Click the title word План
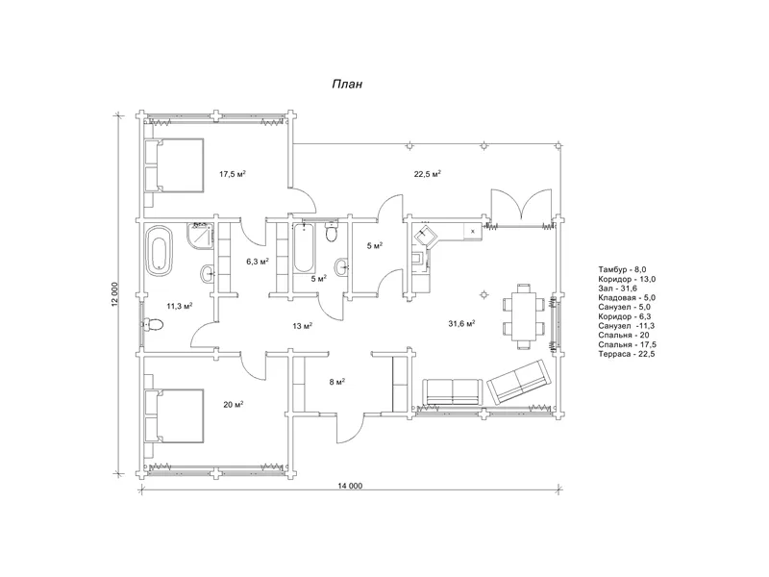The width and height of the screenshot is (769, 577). pyautogui.click(x=347, y=84)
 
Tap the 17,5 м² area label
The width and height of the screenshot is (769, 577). pyautogui.click(x=233, y=174)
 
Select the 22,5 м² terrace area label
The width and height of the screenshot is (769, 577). pyautogui.click(x=428, y=174)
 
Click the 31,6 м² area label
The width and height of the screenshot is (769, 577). pyautogui.click(x=461, y=323)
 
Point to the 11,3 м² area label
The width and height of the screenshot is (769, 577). pyautogui.click(x=180, y=306)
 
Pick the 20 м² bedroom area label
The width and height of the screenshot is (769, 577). pyautogui.click(x=234, y=405)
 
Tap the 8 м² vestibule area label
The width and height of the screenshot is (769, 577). pyautogui.click(x=337, y=382)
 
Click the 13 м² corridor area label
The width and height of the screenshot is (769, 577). pyautogui.click(x=303, y=326)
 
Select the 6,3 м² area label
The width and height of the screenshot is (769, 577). pyautogui.click(x=258, y=262)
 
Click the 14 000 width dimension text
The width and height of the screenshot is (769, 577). pyautogui.click(x=350, y=486)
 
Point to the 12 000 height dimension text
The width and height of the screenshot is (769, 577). pyautogui.click(x=114, y=294)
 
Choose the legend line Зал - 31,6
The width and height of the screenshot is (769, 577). pyautogui.click(x=617, y=288)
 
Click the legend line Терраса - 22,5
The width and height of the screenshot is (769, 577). pyautogui.click(x=627, y=354)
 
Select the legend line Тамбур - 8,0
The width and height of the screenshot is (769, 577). pyautogui.click(x=622, y=269)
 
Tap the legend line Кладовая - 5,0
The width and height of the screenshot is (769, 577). pyautogui.click(x=627, y=298)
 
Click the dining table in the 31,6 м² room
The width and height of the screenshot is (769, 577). pyautogui.click(x=525, y=316)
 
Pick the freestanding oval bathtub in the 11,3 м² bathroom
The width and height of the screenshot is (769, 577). pyautogui.click(x=160, y=250)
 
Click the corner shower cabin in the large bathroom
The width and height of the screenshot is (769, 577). pyautogui.click(x=200, y=236)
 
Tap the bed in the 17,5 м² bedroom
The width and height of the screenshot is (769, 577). pyautogui.click(x=174, y=165)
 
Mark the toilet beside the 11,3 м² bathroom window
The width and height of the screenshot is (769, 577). pyautogui.click(x=153, y=324)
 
